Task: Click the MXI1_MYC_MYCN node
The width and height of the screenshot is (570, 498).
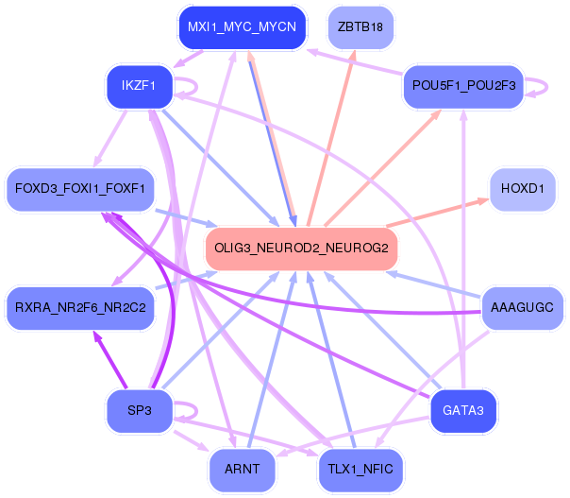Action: (242, 27)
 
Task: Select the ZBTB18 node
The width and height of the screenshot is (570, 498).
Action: (360, 27)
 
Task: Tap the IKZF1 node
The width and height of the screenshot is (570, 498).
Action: (138, 87)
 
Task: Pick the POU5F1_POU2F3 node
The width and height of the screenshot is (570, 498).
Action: (462, 86)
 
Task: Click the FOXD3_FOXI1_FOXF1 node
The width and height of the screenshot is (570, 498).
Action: (79, 189)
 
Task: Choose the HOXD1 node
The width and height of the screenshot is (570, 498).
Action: (522, 189)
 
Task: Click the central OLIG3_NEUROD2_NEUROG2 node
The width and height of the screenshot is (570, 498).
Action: (301, 248)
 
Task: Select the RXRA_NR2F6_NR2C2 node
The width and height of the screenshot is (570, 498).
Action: (79, 307)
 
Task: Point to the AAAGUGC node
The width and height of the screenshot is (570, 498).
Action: (522, 307)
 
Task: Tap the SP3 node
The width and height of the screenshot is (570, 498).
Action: (138, 410)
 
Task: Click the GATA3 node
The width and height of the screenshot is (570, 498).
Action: (462, 410)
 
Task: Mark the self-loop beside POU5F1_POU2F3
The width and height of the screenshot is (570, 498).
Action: (540, 85)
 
